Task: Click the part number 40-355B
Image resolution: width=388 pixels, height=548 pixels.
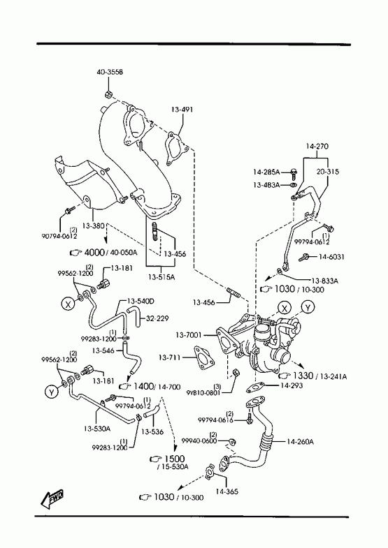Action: tap(110, 73)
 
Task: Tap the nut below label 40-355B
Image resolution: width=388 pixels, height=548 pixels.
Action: tap(108, 94)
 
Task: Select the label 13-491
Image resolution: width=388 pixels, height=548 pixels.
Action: tap(182, 110)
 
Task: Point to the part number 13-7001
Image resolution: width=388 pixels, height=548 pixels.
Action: tap(189, 335)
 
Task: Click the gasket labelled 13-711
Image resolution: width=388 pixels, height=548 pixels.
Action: tap(202, 358)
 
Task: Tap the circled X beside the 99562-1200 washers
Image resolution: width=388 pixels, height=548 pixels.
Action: tap(69, 304)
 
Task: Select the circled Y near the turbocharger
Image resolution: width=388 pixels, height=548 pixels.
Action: tap(308, 308)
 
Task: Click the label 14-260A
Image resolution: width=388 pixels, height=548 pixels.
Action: tap(300, 442)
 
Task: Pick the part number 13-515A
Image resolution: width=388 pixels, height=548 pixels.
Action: tap(161, 277)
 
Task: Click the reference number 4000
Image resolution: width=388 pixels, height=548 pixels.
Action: tap(94, 251)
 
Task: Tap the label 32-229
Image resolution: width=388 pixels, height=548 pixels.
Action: tap(157, 318)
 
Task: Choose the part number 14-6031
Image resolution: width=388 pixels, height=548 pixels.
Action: tap(331, 257)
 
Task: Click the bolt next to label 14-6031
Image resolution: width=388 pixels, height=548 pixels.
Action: tap(303, 258)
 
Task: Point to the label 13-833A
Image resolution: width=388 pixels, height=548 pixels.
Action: tap(324, 281)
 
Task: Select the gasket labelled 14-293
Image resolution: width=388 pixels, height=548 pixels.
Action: tap(254, 387)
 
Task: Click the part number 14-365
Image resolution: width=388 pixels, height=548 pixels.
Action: tap(227, 491)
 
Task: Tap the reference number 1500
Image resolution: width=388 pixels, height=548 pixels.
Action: tap(174, 459)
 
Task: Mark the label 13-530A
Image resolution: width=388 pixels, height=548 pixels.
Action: tap(97, 428)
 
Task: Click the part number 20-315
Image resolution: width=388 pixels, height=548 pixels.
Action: tap(328, 172)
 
